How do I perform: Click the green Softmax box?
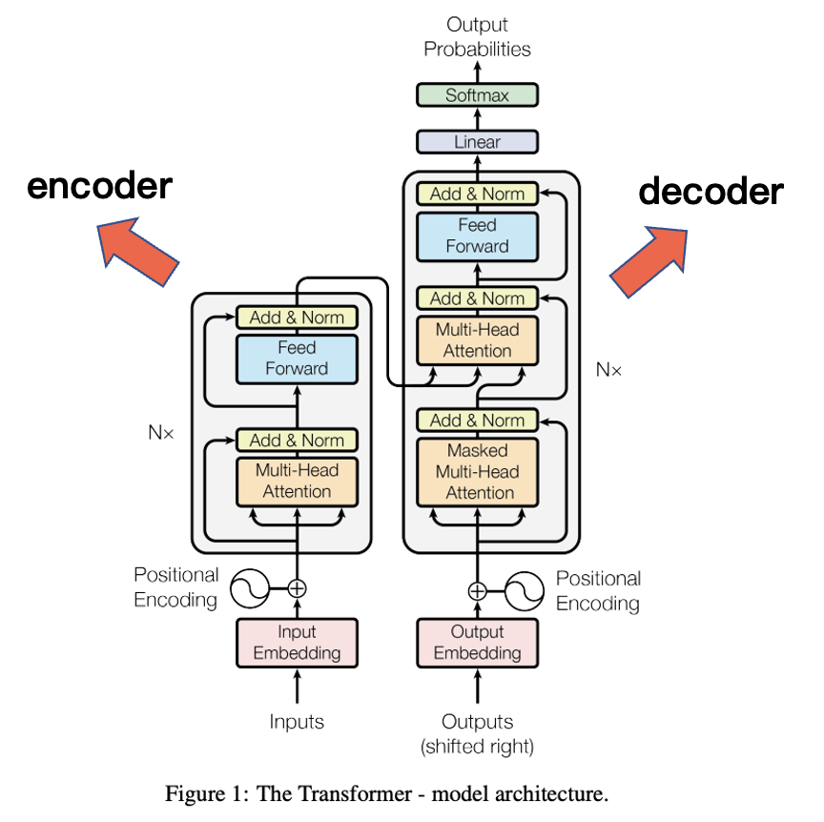click(x=477, y=95)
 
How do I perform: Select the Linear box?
click(x=477, y=142)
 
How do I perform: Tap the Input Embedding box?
click(x=297, y=643)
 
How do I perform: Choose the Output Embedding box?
click(x=477, y=643)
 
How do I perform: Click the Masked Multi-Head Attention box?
click(x=477, y=471)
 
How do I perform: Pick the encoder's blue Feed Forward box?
click(x=297, y=359)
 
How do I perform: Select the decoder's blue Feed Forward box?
click(x=477, y=236)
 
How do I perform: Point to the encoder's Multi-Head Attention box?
click(x=297, y=481)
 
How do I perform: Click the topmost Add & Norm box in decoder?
click(x=477, y=194)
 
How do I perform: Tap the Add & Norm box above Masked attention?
click(x=477, y=421)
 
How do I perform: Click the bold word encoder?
click(x=99, y=186)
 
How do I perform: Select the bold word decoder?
click(x=711, y=192)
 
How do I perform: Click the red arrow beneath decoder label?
click(x=649, y=261)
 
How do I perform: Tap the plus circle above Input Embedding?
click(x=297, y=588)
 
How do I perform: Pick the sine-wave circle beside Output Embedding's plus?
click(x=523, y=590)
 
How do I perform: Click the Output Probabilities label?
click(x=477, y=37)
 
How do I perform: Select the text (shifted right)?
click(x=477, y=747)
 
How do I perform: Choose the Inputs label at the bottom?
click(x=297, y=722)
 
